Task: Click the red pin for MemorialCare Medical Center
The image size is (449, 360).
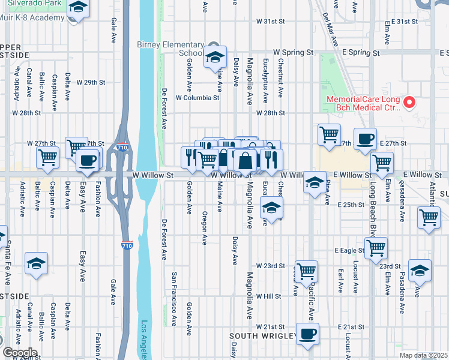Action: [410, 103]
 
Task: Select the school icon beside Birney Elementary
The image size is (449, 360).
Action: [214, 57]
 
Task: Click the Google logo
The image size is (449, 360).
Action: [19, 352]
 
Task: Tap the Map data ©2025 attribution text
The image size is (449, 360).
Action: [423, 355]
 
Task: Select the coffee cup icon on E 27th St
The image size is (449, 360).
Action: [365, 139]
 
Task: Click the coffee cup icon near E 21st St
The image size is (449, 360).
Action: [308, 334]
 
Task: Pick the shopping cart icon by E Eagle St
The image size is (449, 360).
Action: [376, 247]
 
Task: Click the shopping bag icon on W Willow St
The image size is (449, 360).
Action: [246, 161]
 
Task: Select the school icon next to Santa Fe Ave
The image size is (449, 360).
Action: [36, 263]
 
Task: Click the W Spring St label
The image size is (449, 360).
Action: [294, 53]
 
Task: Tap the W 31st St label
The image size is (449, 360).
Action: [270, 21]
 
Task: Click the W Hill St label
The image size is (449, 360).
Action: [268, 296]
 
